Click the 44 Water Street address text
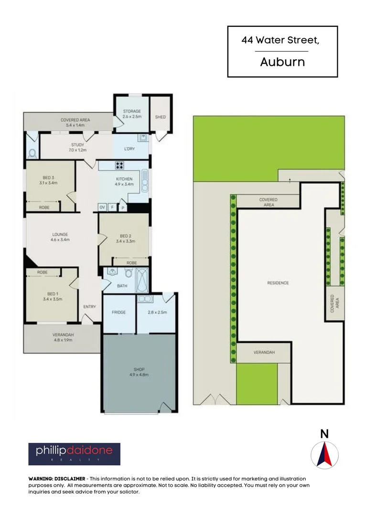coord(281,41)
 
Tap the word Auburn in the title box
coord(282,62)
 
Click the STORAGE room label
coord(132,111)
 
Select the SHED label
coord(160,117)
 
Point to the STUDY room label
coord(77,145)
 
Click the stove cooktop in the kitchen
coord(119,166)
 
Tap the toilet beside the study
coord(32,153)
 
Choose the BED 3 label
coord(50,177)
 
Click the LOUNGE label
coord(60,235)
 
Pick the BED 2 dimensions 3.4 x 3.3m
coord(125,241)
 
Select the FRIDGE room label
coord(119,312)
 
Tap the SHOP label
coord(140,369)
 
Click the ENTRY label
coord(89,307)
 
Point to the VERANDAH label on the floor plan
coord(62,335)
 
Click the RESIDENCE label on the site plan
coord(278,283)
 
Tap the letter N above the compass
coord(324,434)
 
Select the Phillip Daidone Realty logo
coord(74,454)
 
